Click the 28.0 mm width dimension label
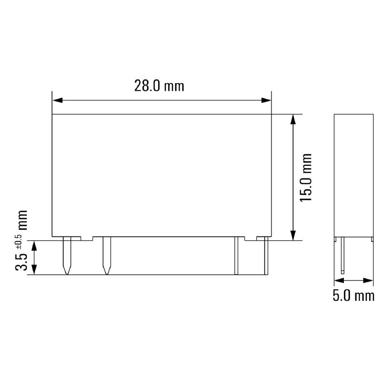click(159, 86)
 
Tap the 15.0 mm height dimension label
click(306, 177)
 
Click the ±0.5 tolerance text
click(20, 241)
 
